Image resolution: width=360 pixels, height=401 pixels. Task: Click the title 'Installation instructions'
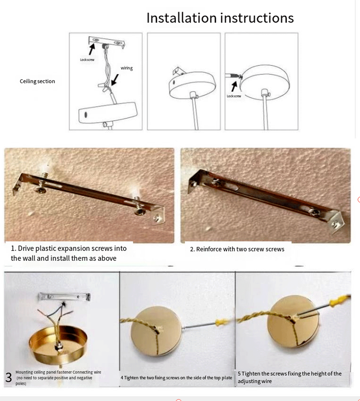220,18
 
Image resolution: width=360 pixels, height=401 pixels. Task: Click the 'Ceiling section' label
37,81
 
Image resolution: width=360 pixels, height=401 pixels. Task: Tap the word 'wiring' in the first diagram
127,68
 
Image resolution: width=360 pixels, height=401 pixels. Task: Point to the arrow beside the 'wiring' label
115,80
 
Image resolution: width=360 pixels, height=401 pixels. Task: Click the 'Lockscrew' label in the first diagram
87,59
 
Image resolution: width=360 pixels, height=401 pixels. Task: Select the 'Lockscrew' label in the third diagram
234,96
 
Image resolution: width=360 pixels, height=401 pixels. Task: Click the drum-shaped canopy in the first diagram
108,112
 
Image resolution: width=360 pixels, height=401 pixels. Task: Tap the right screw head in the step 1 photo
140,211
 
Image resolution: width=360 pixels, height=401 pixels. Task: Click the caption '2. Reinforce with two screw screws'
237,249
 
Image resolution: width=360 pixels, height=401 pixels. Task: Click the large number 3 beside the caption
9,378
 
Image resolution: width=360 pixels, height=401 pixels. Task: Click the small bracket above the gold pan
64,297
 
